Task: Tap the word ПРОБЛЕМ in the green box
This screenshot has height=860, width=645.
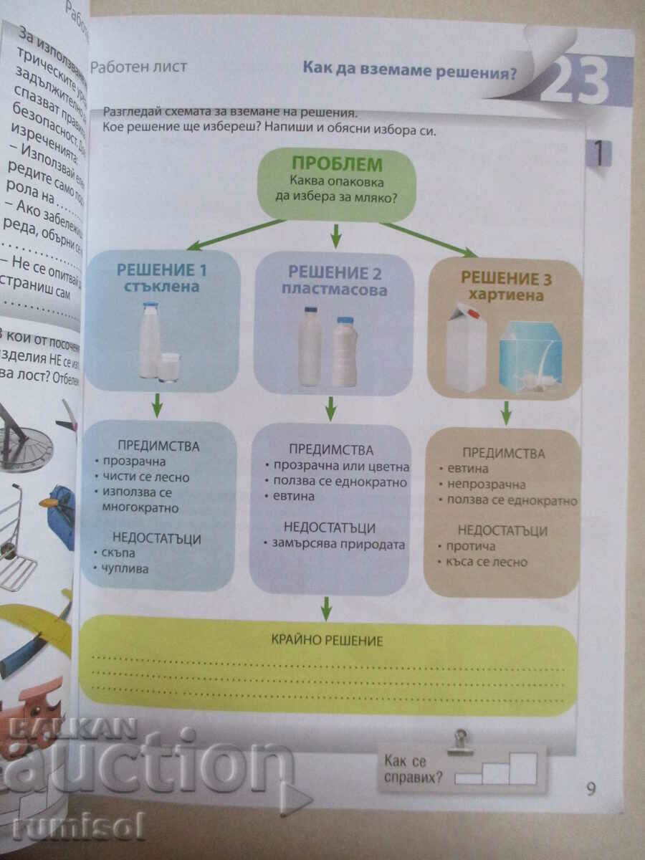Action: (x=338, y=164)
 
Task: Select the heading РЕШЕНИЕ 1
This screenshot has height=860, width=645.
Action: (x=163, y=271)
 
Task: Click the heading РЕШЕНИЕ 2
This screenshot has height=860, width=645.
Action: (x=335, y=272)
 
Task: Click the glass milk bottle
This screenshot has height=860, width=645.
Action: (x=149, y=340)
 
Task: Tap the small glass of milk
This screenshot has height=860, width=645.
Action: (x=169, y=367)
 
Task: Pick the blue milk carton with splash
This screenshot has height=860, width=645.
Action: (x=530, y=356)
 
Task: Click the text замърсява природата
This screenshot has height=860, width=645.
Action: (x=338, y=544)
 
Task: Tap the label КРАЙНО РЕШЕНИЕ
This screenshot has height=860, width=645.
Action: (x=327, y=641)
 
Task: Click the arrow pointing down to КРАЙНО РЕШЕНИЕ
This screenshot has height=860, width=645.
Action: (x=326, y=608)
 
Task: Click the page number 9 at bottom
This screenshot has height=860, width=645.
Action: (x=591, y=789)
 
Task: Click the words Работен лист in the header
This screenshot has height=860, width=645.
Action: (x=138, y=67)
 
